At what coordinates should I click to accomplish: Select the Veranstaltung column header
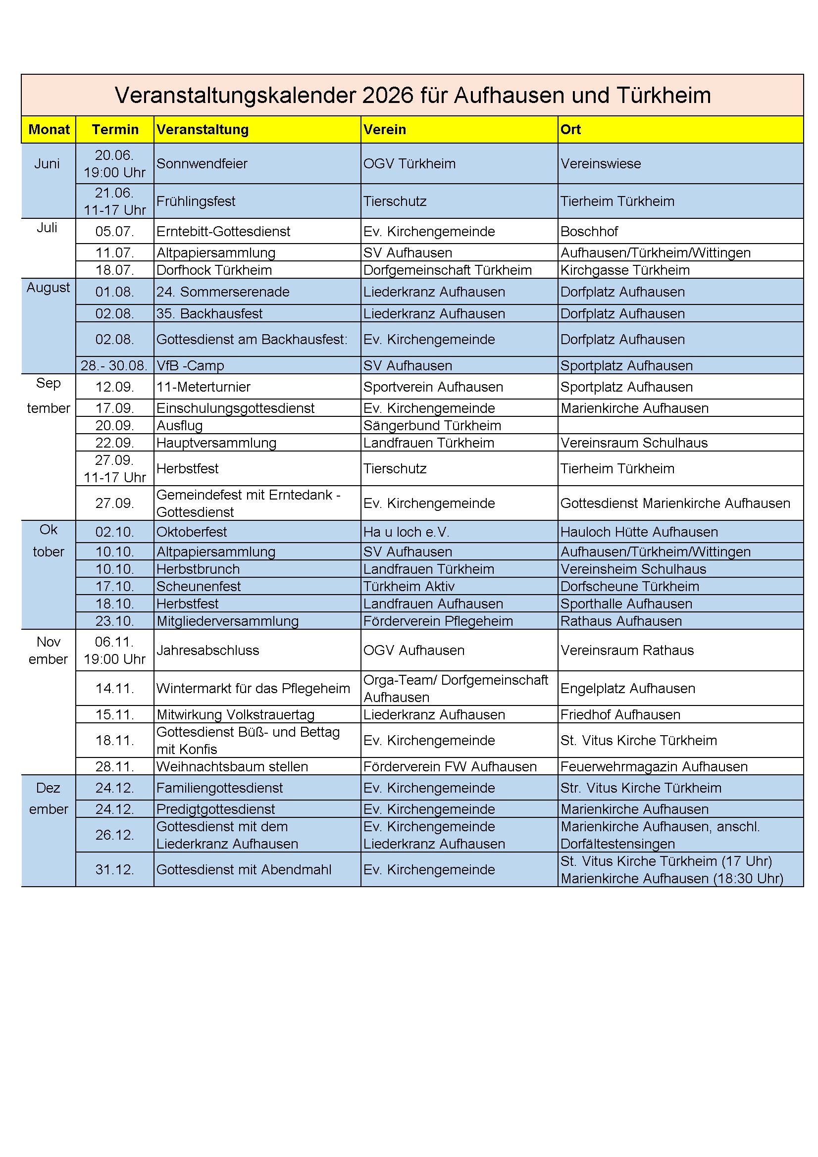[202, 130]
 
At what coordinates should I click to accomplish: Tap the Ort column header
[570, 130]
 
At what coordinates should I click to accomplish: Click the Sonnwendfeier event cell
[202, 164]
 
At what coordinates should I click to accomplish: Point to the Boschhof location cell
[589, 231]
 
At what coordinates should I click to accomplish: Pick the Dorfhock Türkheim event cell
[214, 270]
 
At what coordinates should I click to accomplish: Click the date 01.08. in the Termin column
[115, 292]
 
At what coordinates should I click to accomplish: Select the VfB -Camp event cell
[190, 365]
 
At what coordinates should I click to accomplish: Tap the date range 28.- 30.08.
[114, 365]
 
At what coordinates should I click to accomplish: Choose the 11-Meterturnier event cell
[203, 387]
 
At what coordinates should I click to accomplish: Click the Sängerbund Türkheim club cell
[432, 425]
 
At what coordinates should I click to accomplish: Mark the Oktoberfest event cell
[192, 532]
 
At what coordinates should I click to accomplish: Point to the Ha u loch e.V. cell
[406, 532]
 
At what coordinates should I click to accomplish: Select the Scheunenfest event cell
[199, 587]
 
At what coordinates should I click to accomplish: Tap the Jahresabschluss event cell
[207, 651]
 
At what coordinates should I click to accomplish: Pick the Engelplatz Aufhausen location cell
[627, 688]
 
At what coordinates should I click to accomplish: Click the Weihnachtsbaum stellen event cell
[232, 766]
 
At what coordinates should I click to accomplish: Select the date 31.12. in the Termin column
[115, 870]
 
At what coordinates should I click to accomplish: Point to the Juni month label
[47, 164]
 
